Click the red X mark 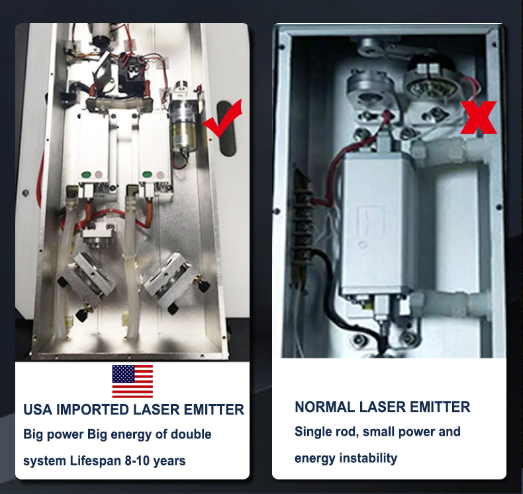pos(479,117)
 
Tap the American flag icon pos(132,381)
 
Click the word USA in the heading pos(38,410)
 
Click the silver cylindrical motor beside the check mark pos(183,123)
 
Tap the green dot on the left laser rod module pos(86,174)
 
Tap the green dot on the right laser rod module pos(147,174)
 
